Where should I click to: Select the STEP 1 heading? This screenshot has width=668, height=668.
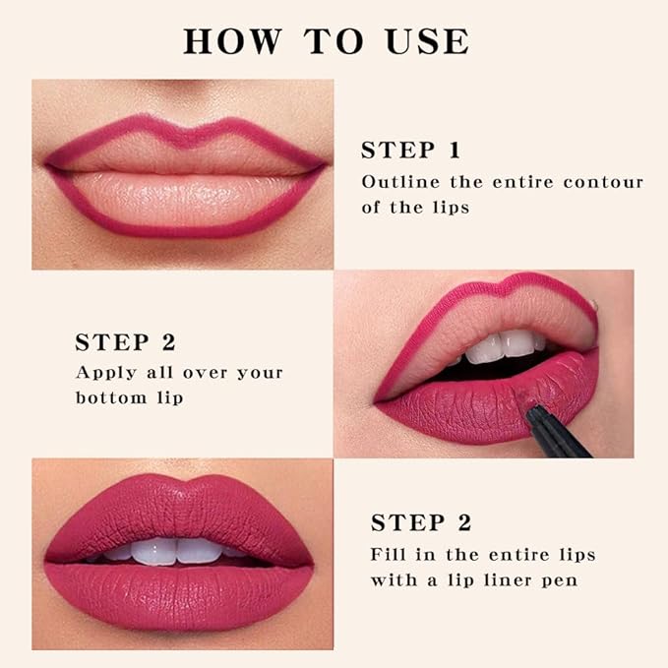(x=410, y=151)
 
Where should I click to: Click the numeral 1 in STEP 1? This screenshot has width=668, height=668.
(x=454, y=151)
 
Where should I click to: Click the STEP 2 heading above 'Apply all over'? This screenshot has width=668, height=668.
(x=125, y=342)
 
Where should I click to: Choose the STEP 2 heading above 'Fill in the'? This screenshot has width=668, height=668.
(x=420, y=522)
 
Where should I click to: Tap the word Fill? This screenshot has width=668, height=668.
(x=390, y=554)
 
